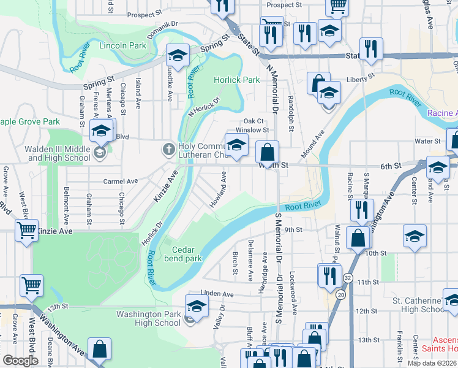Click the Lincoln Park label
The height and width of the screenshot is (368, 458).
click(x=122, y=45)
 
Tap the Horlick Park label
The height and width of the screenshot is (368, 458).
click(x=237, y=80)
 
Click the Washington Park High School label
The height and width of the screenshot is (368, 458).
click(x=148, y=318)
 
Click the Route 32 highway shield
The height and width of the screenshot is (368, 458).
click(x=348, y=277)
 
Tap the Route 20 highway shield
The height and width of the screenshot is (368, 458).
click(x=340, y=295)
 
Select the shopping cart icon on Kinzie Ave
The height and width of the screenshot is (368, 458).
click(x=27, y=231)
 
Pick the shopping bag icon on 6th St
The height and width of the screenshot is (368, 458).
click(x=268, y=151)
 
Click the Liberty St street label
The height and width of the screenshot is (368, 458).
click(x=360, y=79)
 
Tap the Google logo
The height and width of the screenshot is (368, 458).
click(x=20, y=360)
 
